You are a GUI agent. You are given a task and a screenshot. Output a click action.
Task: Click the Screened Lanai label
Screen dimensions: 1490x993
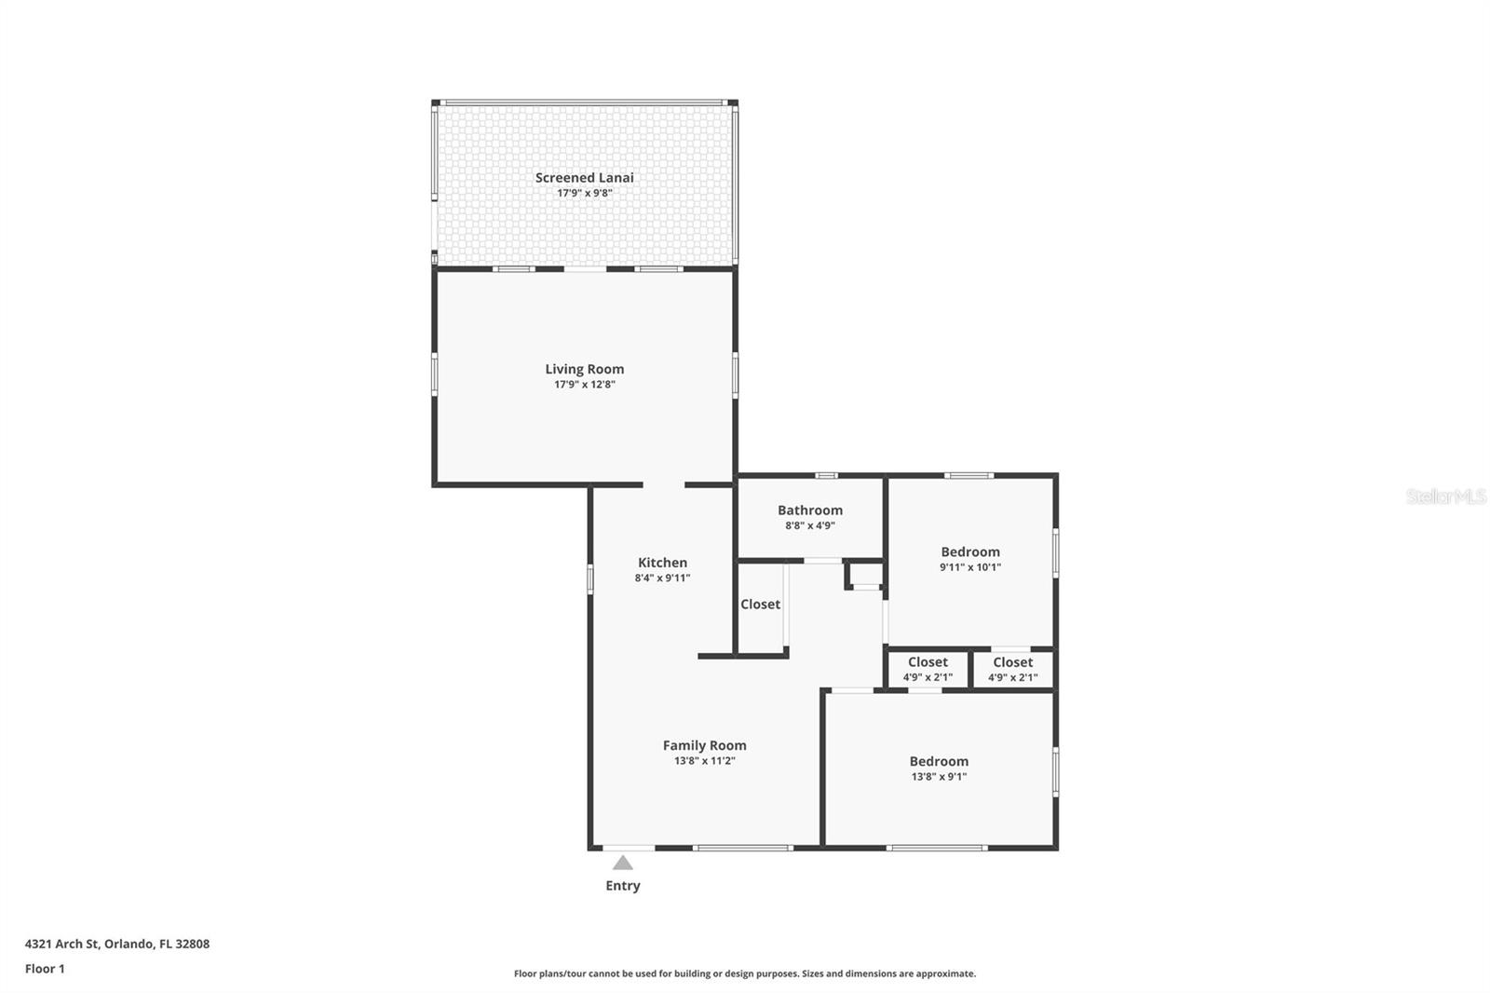pyautogui.click(x=584, y=178)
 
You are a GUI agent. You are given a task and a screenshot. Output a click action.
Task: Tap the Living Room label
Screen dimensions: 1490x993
pyautogui.click(x=585, y=369)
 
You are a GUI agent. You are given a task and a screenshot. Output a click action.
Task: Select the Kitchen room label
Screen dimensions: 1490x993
pyautogui.click(x=662, y=563)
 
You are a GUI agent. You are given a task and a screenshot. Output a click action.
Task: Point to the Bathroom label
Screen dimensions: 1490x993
pyautogui.click(x=810, y=510)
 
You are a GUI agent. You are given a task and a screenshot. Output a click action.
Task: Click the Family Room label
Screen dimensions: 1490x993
pyautogui.click(x=704, y=745)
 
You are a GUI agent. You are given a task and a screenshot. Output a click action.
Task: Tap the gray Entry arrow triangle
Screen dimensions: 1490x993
pyautogui.click(x=623, y=864)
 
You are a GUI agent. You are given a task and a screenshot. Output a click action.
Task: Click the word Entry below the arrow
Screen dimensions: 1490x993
pyautogui.click(x=623, y=886)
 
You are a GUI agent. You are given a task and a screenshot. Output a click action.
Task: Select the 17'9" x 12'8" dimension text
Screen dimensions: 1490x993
pyautogui.click(x=585, y=385)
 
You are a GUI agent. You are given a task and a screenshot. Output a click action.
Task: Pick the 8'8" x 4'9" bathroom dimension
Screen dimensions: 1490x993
pyautogui.click(x=810, y=525)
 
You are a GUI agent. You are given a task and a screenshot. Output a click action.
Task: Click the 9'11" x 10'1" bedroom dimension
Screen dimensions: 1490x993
pyautogui.click(x=970, y=567)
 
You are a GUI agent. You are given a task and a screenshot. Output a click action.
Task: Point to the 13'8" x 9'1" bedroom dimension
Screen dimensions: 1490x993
pyautogui.click(x=940, y=777)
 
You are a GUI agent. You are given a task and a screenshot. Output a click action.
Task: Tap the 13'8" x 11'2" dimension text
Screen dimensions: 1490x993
pyautogui.click(x=704, y=761)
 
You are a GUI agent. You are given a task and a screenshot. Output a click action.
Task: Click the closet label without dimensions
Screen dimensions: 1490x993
pyautogui.click(x=760, y=605)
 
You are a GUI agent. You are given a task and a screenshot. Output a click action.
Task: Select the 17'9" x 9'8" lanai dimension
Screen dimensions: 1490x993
pyautogui.click(x=585, y=194)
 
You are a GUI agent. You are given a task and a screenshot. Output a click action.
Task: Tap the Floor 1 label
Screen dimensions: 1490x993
pyautogui.click(x=46, y=969)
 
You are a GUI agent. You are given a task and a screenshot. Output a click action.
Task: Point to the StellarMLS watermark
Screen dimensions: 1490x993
pyautogui.click(x=1446, y=496)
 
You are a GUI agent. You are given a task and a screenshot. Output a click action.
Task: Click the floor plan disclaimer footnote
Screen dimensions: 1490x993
pyautogui.click(x=745, y=973)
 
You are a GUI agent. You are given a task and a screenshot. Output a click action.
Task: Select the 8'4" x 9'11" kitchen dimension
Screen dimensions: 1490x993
pyautogui.click(x=662, y=578)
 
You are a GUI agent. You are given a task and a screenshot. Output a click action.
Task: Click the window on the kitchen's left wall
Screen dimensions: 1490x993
pyautogui.click(x=590, y=578)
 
